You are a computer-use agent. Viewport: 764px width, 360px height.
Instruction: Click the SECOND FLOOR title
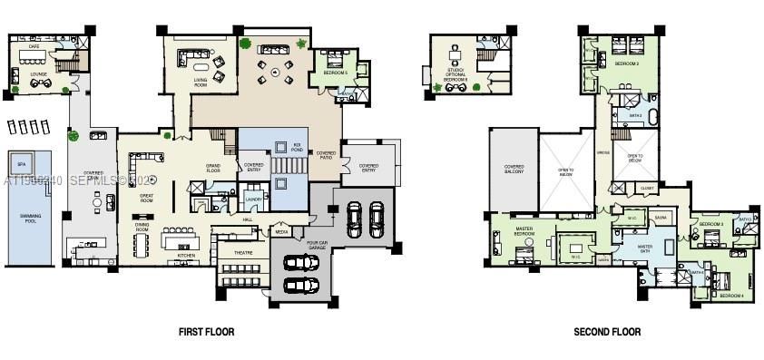(607, 332)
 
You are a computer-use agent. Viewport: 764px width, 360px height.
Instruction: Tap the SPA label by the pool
(21, 165)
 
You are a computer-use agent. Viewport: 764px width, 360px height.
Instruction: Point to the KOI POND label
(297, 145)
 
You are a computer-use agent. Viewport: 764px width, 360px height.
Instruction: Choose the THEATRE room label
(243, 253)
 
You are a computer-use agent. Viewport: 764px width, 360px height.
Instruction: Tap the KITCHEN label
(186, 257)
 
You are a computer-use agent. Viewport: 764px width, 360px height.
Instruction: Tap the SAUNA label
(661, 218)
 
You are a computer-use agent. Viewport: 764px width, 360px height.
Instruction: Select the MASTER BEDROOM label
(524, 230)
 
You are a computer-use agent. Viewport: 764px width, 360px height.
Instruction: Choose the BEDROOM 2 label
(627, 64)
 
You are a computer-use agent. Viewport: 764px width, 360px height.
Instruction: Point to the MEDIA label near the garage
(282, 232)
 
